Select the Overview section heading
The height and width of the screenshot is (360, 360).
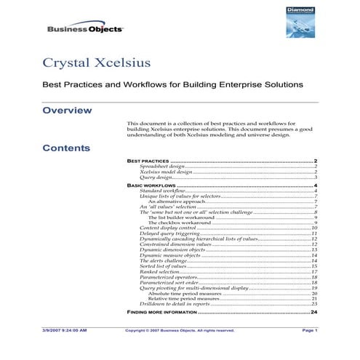67,111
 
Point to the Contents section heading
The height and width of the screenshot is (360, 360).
66,148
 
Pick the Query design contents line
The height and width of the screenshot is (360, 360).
156,177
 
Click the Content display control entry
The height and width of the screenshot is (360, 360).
168,228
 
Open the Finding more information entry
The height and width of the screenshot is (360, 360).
161,312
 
